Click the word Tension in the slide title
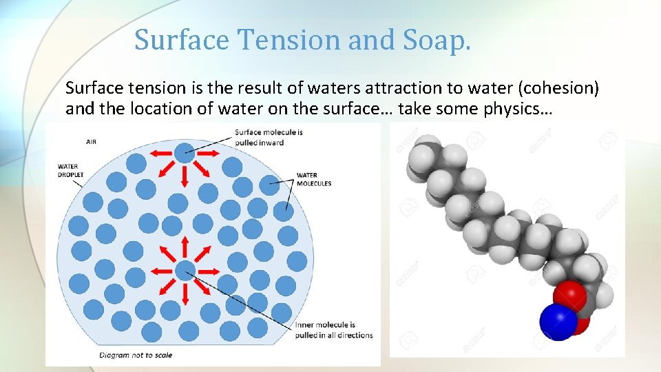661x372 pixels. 289,40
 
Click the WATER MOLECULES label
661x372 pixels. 313,179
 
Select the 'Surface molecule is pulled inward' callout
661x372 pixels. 269,137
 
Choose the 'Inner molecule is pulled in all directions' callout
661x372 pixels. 333,330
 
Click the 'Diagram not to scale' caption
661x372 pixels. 136,355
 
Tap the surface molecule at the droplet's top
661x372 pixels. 184,153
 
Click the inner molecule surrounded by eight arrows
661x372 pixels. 184,271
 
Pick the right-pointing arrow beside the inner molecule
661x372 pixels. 209,271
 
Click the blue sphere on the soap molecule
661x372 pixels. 558,323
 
